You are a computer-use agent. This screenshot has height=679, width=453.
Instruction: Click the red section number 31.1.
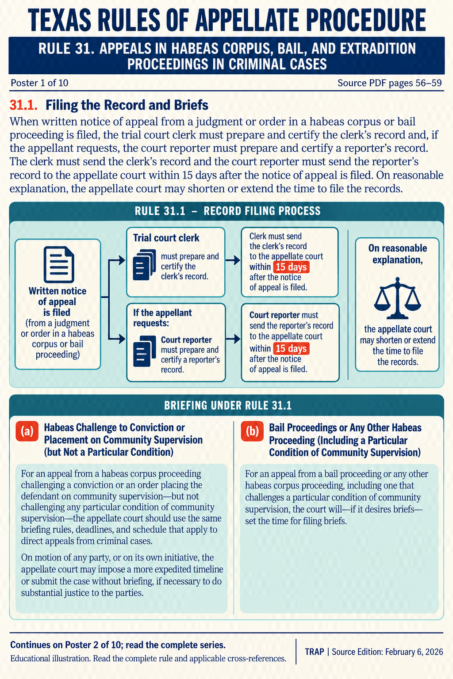pyautogui.click(x=23, y=105)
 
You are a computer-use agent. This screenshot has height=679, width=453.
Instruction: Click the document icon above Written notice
pyautogui.click(x=59, y=264)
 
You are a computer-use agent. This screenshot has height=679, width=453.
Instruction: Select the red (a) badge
pyautogui.click(x=27, y=431)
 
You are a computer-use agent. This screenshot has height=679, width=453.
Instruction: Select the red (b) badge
pyautogui.click(x=252, y=431)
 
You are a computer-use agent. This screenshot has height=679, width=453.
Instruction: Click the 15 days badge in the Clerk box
pyautogui.click(x=291, y=267)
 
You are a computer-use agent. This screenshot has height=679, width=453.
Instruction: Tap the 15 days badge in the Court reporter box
pyautogui.click(x=291, y=349)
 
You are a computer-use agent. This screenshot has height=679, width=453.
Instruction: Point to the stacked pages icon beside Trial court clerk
pyautogui.click(x=144, y=265)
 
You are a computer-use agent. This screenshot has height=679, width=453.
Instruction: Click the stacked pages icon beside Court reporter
pyautogui.click(x=144, y=351)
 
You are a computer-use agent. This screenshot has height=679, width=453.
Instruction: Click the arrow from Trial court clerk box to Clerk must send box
pyautogui.click(x=233, y=260)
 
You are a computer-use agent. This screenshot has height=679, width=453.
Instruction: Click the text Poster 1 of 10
pyautogui.click(x=39, y=83)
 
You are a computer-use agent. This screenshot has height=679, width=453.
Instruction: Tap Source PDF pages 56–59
pyautogui.click(x=390, y=83)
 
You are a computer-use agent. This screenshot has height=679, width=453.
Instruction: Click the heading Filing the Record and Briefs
pyautogui.click(x=127, y=105)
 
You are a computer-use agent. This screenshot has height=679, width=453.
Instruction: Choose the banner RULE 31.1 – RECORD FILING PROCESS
pyautogui.click(x=227, y=211)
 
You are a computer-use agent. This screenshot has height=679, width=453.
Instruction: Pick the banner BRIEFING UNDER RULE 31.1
pyautogui.click(x=227, y=405)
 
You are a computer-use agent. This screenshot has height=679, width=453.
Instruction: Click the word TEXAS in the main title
pyautogui.click(x=59, y=20)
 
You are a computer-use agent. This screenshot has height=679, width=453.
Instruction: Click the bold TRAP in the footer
pyautogui.click(x=315, y=652)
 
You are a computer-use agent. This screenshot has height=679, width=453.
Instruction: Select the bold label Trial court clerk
pyautogui.click(x=166, y=238)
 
